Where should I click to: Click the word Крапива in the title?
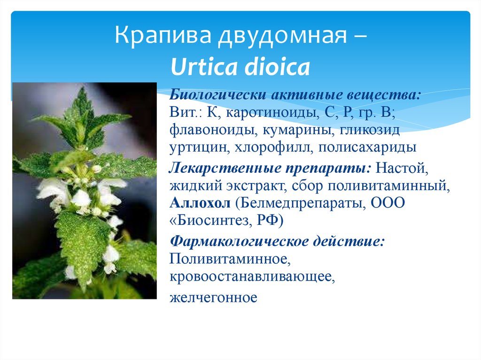tap(163, 35)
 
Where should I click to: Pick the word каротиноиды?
tap(271, 113)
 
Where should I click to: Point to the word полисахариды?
tap(367, 148)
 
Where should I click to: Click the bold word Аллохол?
tap(200, 203)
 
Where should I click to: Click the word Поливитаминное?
tap(230, 259)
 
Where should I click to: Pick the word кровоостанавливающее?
tap(252, 277)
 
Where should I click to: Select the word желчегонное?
tap(213, 298)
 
